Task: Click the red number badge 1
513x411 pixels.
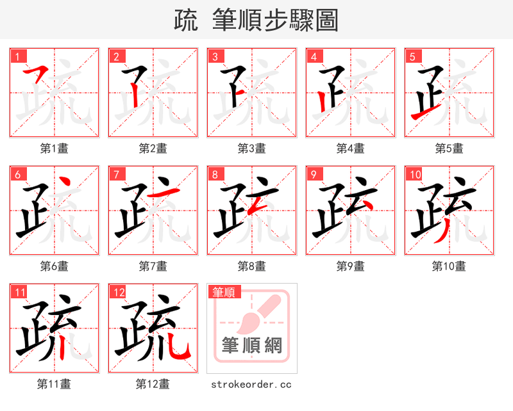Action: click(x=17, y=56)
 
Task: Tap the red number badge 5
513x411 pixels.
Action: click(x=412, y=56)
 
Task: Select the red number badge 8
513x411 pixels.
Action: click(x=215, y=174)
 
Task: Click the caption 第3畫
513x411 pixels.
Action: click(x=251, y=149)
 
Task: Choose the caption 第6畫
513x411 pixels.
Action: click(x=54, y=266)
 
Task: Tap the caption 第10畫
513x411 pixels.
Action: click(x=449, y=266)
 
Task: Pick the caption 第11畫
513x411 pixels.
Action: click(x=54, y=384)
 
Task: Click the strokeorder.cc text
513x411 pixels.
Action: click(x=251, y=384)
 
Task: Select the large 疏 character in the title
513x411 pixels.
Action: click(x=186, y=21)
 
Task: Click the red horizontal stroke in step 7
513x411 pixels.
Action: click(x=160, y=193)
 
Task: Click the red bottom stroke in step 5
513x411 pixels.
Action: click(x=424, y=115)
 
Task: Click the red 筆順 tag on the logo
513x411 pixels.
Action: click(x=224, y=292)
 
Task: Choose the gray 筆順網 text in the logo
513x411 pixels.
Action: click(x=251, y=346)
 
